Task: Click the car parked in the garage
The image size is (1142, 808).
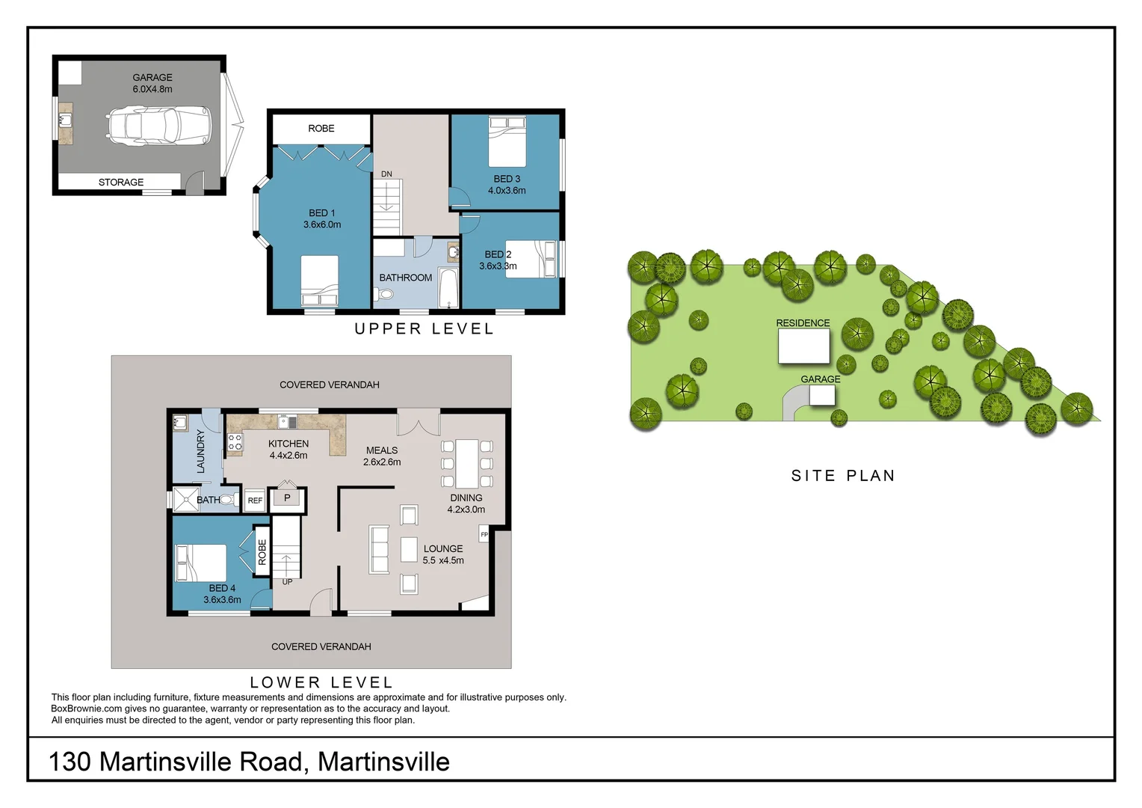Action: coord(159,125)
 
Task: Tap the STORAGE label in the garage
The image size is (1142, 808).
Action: coord(121,182)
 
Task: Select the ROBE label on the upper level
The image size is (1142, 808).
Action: coord(321,129)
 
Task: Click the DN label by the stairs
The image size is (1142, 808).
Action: coord(386,174)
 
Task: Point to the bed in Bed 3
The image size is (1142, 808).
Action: coord(507,141)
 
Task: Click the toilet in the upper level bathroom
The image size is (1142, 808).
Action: coord(386,294)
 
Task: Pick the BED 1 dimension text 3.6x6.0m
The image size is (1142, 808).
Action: coord(322,224)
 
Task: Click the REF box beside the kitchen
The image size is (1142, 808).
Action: coord(255,501)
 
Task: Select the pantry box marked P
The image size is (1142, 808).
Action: coord(287,498)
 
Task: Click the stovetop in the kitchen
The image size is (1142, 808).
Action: coord(235,442)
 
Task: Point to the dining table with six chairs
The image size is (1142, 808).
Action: coord(467,464)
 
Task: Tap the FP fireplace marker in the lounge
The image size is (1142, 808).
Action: coord(484,534)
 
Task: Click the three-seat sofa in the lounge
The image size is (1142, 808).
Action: coord(379,550)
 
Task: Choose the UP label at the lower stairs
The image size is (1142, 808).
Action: coord(287,582)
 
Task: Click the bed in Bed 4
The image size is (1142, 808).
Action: coord(200,563)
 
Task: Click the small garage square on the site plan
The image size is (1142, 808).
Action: coord(822,395)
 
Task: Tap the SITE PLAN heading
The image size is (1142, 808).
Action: coord(843,476)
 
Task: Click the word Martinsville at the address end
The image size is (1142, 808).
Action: coord(383,762)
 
